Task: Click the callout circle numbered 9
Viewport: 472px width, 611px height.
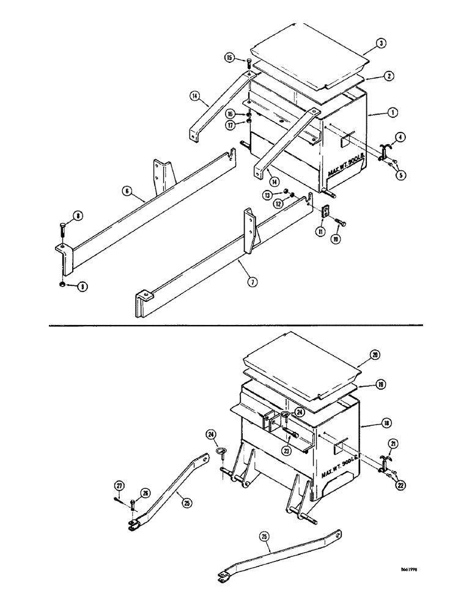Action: coord(81,286)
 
